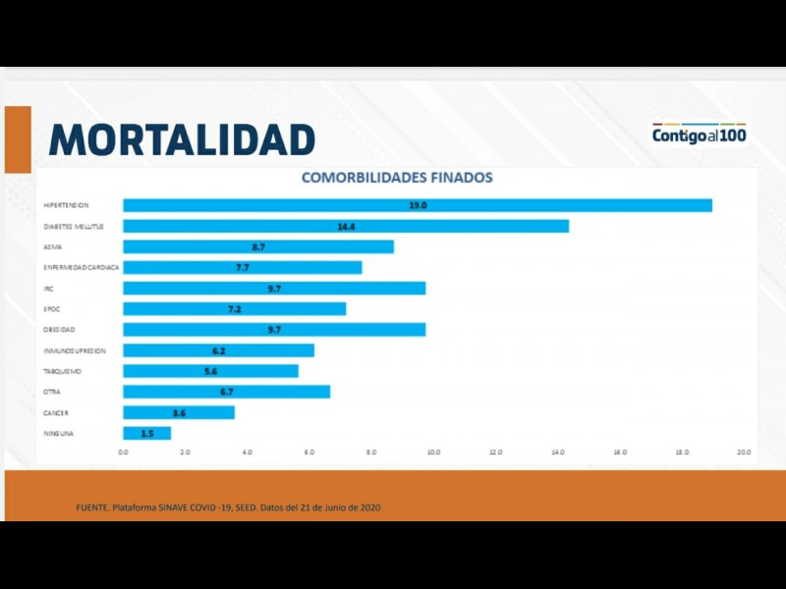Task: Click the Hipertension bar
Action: pos(417,205)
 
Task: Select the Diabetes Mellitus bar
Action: pos(345,226)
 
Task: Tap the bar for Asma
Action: pos(257,246)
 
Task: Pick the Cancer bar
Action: pos(178,412)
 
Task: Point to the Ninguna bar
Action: pos(146,433)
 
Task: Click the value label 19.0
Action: pos(418,205)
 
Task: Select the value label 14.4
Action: pos(346,226)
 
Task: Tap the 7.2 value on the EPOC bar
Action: pos(234,309)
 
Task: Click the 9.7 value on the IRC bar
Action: pos(274,289)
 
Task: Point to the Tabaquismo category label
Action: pos(62,371)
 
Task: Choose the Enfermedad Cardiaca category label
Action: pos(81,267)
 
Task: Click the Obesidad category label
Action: pos(59,330)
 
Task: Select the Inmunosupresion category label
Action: pos(74,350)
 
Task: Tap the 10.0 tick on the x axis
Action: pos(433,452)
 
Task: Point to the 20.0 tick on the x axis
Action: pos(744,452)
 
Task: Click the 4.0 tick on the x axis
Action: pos(247,452)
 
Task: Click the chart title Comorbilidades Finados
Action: pos(397,178)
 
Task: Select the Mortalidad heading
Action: pos(182,139)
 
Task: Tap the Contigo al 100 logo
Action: pos(699,134)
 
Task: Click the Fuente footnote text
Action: pos(228,507)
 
